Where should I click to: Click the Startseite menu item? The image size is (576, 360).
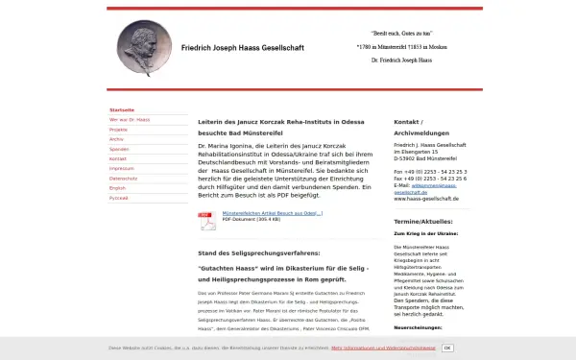coord(122,110)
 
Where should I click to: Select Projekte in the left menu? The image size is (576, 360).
coord(119,130)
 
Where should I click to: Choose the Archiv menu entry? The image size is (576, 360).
coord(117,139)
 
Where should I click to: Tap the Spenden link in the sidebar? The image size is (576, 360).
coord(119,149)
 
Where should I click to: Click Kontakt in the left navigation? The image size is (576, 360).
coord(118,158)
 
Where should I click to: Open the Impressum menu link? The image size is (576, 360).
coord(121,168)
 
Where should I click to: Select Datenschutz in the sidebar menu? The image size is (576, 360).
coord(123,178)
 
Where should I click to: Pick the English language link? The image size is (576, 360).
coord(118,187)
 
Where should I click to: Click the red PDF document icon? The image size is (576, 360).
coord(207,221)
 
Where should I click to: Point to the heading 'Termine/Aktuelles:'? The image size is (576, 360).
coord(422,222)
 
